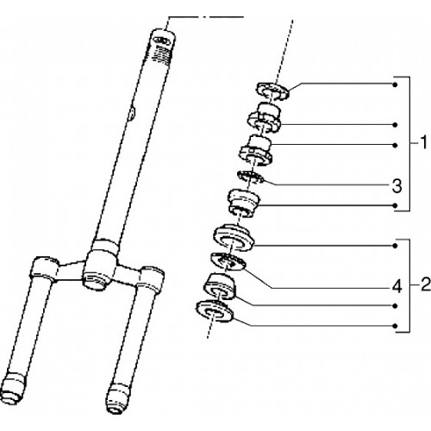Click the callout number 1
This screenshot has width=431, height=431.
pos(424,143)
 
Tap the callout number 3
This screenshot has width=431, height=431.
pos(397,186)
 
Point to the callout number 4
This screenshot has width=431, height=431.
pos(397,287)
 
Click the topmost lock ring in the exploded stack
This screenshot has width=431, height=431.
pos(272,91)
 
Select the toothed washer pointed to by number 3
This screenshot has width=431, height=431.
pos(250,178)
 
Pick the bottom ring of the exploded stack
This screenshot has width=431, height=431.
pos(215,310)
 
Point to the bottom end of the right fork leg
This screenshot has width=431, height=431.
pos(118,398)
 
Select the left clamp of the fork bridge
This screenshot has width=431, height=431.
pos(43,270)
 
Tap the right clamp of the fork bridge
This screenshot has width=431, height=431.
pos(152,278)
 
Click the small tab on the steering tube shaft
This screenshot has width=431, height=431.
pos(132,113)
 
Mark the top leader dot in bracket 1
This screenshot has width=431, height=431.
pos(396,84)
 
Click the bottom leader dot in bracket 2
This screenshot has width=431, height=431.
pos(396,326)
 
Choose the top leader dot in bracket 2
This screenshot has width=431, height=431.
pos(396,246)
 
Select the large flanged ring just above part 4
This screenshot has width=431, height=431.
pos(234,237)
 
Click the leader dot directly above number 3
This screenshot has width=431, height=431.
pos(396,145)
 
